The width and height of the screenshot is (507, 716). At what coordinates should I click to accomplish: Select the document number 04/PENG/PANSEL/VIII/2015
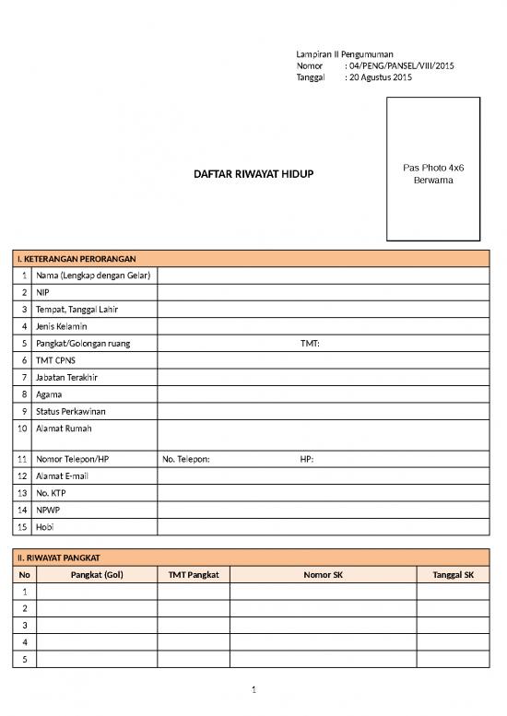tap(398, 66)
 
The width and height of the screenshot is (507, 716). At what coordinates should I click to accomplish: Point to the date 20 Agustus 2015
tap(378, 78)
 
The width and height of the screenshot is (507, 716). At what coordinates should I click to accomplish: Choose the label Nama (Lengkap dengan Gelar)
tap(93, 275)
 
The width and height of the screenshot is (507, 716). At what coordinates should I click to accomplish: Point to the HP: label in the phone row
tap(307, 459)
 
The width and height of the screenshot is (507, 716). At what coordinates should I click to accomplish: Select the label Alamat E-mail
tap(63, 476)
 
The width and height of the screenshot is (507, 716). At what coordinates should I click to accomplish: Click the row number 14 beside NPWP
tap(22, 510)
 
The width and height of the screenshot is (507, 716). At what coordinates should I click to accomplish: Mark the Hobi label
tap(45, 527)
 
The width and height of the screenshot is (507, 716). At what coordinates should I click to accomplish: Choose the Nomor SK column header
tap(323, 575)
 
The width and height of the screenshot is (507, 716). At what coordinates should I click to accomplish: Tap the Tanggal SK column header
tap(453, 575)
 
